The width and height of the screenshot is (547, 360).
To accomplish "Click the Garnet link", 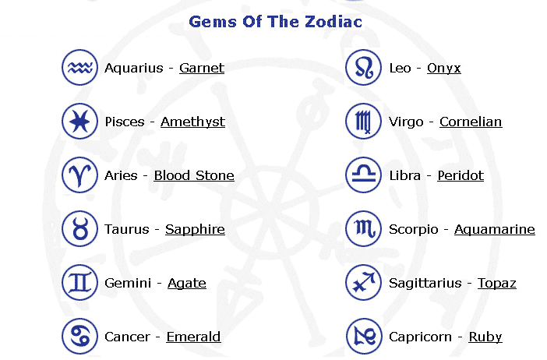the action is (202, 68).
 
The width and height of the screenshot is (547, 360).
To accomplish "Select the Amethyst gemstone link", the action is (192, 122).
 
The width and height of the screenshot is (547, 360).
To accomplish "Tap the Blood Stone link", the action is (194, 175).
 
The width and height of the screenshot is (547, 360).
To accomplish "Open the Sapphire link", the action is (195, 230).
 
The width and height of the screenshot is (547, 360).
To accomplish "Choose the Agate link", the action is (187, 284).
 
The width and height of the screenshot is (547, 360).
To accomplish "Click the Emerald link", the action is (193, 337).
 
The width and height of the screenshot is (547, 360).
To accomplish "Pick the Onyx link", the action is (443, 69).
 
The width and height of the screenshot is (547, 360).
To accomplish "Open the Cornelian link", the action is (471, 122).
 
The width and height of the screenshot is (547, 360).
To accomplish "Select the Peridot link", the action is (461, 175).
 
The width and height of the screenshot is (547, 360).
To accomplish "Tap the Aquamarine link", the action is (494, 230).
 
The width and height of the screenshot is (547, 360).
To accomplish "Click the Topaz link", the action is (497, 284).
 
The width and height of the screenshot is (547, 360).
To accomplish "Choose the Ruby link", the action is (485, 337).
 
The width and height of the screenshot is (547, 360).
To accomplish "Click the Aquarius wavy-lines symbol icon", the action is (79, 67).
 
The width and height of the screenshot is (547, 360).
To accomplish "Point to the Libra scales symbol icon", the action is (363, 175).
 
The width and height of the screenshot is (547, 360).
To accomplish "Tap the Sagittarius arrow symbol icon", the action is (363, 283).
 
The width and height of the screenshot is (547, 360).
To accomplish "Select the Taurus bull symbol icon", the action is (79, 229).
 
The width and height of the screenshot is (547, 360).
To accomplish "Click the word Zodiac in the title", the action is (333, 22).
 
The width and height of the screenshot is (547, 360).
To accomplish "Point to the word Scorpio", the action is (414, 230).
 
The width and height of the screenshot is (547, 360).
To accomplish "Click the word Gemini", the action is (128, 283).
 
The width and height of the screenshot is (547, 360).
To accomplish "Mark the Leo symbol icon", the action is (363, 67).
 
